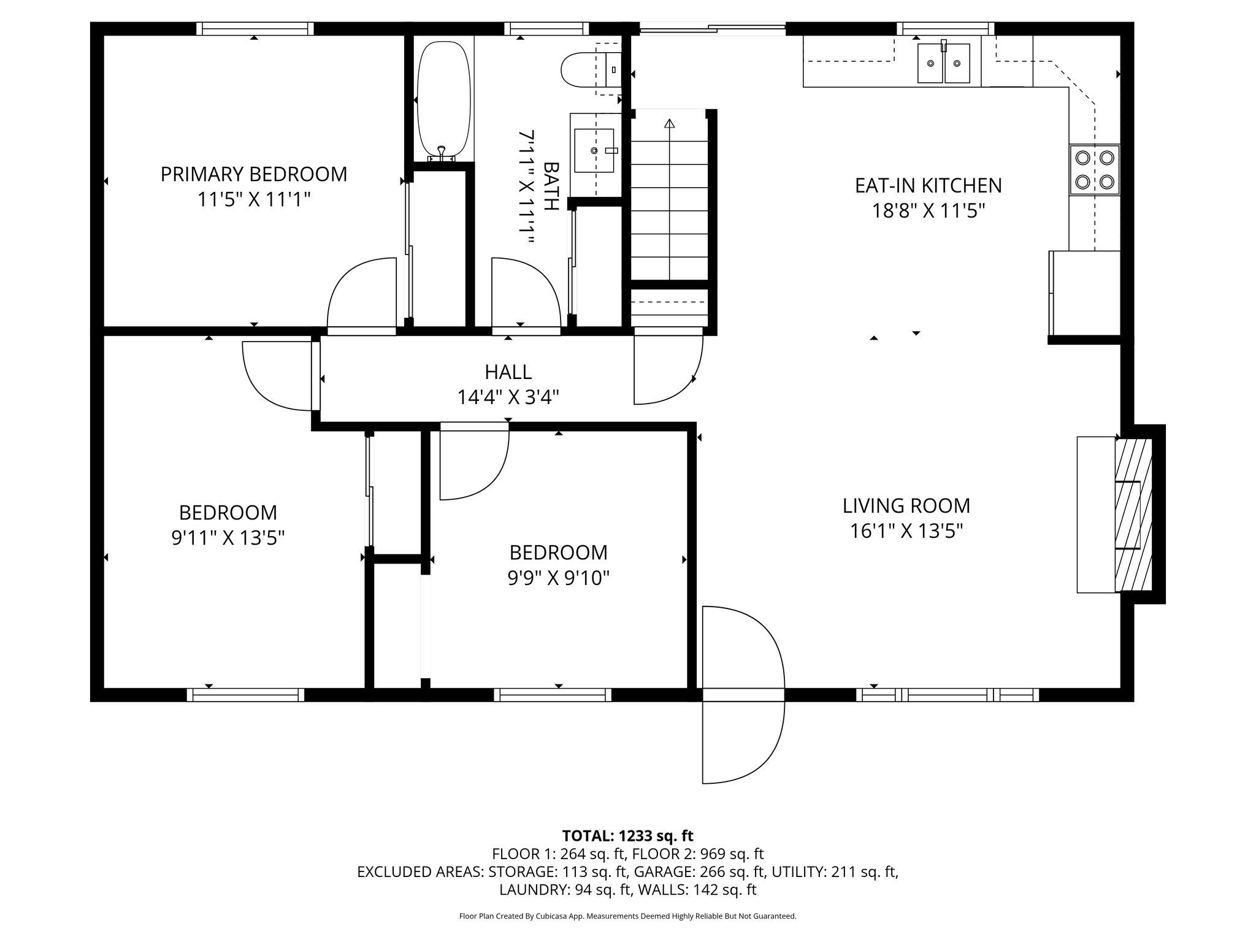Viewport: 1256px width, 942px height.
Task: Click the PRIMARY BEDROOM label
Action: (253, 174)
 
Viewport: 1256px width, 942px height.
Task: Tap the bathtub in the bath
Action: (443, 98)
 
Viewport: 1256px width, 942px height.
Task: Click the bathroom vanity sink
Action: (594, 150)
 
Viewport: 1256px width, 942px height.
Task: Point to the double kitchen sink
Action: (943, 63)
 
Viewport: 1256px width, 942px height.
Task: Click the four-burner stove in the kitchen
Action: (1095, 170)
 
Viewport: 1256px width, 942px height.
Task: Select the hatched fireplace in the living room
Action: (1133, 514)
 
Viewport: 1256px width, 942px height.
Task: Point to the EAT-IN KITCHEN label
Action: (928, 185)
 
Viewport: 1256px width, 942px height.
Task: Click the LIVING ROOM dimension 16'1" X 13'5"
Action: (906, 531)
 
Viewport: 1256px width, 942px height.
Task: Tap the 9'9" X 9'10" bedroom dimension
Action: (558, 578)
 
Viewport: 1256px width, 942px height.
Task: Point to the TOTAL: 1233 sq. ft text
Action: (627, 835)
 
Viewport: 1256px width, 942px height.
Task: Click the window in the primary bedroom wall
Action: (255, 28)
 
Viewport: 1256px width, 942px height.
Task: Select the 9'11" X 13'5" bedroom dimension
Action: (228, 538)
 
